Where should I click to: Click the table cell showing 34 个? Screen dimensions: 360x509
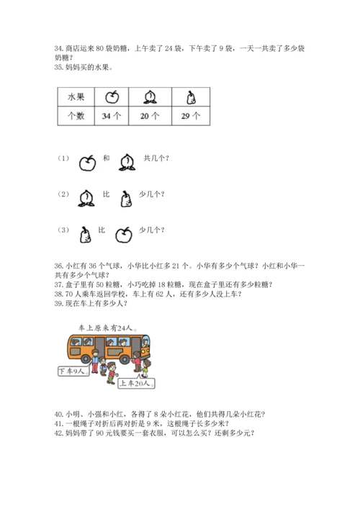(x=112, y=116)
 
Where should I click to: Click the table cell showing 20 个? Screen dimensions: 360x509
(x=150, y=116)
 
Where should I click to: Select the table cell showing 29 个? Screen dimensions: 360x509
(x=191, y=116)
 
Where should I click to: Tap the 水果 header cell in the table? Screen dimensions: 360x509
(x=76, y=96)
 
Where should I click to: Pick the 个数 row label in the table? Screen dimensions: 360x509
(x=76, y=116)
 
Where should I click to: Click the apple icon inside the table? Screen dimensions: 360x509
(x=112, y=96)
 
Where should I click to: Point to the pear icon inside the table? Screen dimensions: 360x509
(x=192, y=97)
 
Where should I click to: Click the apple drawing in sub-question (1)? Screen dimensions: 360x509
(x=87, y=163)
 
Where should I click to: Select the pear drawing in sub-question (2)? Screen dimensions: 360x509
(x=126, y=199)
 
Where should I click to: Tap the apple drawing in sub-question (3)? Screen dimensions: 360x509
(x=124, y=235)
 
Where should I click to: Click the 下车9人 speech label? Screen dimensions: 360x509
(x=73, y=371)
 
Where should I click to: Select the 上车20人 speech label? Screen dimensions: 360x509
(x=136, y=384)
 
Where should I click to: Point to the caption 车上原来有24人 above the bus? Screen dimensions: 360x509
(x=107, y=328)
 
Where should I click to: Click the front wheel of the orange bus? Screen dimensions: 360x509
(x=125, y=359)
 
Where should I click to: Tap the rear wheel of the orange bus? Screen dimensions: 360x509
(x=86, y=359)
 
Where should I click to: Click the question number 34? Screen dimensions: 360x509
(x=58, y=48)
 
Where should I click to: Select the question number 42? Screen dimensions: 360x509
(x=58, y=433)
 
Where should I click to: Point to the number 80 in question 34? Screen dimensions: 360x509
(x=100, y=48)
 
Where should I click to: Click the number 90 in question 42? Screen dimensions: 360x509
(x=100, y=433)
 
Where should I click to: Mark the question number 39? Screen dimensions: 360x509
(x=58, y=304)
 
